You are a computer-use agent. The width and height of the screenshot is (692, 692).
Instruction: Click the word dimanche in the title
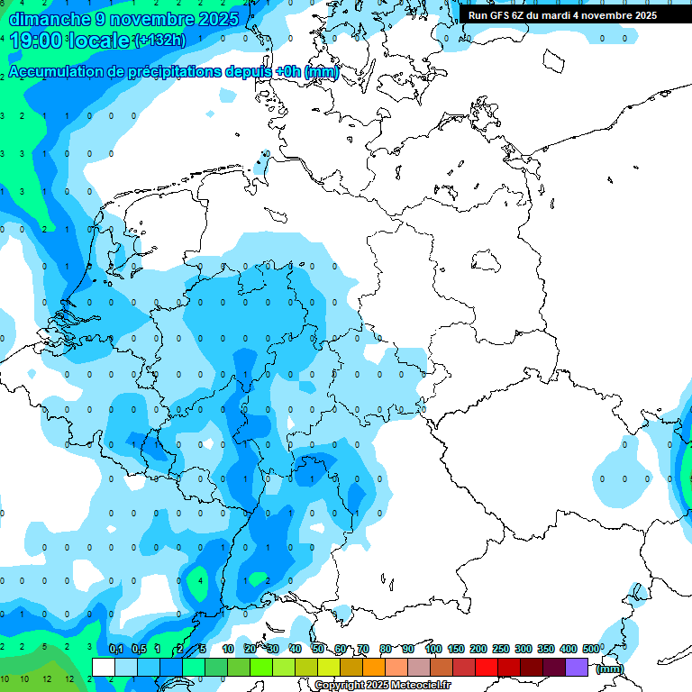point(44,18)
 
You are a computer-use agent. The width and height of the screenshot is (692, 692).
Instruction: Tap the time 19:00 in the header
point(39,40)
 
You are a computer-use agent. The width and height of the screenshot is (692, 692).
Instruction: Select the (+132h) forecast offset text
point(159,41)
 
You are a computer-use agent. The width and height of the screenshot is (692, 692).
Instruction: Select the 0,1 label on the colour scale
point(115,650)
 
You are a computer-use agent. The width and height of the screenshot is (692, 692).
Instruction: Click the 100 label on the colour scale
point(432,650)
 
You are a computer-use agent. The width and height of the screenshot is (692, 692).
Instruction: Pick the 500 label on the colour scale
point(591,650)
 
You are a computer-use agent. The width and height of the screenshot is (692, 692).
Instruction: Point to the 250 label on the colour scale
point(500,650)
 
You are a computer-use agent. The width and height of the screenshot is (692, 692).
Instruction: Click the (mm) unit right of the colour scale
point(610,669)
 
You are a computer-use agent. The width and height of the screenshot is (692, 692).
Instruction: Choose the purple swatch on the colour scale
point(577,667)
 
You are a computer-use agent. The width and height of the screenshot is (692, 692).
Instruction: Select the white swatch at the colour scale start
point(104,667)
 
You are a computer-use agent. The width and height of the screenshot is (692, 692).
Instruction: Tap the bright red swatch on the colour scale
point(487,667)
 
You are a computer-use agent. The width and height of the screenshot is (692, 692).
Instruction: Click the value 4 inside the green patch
point(200,581)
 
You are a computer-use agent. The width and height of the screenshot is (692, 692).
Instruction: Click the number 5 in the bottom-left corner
point(45,647)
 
